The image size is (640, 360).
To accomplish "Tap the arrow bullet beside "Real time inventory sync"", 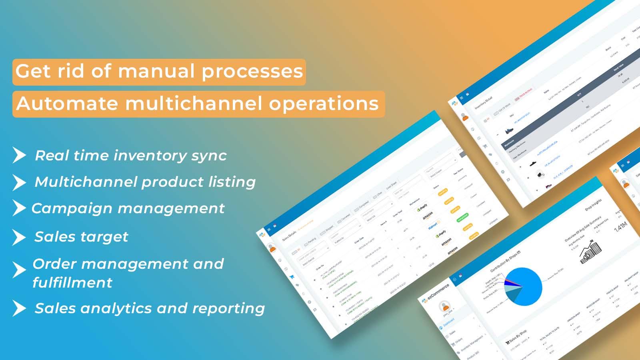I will [19, 155].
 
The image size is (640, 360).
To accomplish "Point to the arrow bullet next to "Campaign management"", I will [19, 208].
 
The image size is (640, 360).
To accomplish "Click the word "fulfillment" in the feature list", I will [72, 283].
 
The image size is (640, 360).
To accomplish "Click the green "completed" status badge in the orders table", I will [462, 218].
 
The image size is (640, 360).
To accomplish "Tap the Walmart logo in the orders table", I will [434, 225].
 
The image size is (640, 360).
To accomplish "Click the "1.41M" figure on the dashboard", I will [620, 227].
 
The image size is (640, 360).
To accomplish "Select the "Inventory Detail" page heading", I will [483, 103].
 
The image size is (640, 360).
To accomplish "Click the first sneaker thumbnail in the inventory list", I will [508, 130].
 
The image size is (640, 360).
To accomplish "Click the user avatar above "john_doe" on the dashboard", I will [444, 307].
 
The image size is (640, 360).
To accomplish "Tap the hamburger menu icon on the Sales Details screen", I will [269, 230].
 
